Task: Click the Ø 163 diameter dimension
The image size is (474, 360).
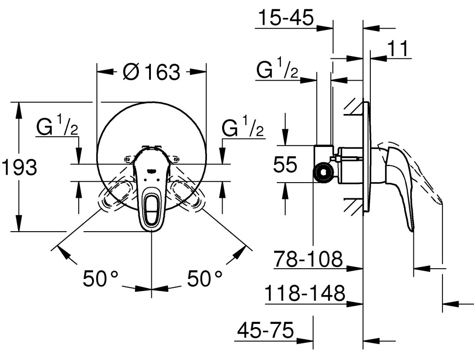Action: pyautogui.click(x=151, y=72)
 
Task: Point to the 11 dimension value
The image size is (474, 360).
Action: pyautogui.click(x=398, y=49)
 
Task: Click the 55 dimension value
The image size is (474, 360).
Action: pyautogui.click(x=285, y=164)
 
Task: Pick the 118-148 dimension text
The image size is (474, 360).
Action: pyautogui.click(x=306, y=294)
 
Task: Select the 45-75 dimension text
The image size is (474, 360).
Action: pyautogui.click(x=265, y=330)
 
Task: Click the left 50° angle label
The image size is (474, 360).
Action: pyautogui.click(x=100, y=278)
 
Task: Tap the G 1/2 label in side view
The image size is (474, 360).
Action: pyautogui.click(x=277, y=70)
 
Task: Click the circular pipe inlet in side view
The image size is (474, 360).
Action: pyautogui.click(x=323, y=173)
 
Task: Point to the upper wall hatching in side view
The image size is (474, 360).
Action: pyautogui.click(x=354, y=107)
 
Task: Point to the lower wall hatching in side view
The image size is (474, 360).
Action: pyautogui.click(x=354, y=205)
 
